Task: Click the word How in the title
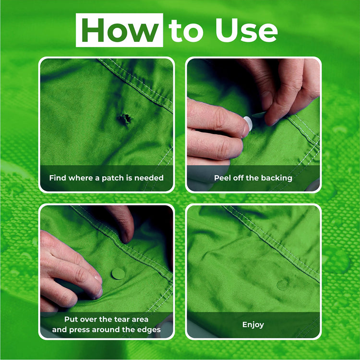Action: [x=120, y=30]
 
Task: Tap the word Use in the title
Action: [x=246, y=30]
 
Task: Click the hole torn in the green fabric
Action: [x=125, y=119]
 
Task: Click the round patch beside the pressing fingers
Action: [x=118, y=274]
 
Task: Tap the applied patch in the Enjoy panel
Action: [x=283, y=285]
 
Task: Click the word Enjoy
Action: [x=253, y=324]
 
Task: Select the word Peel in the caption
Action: [x=222, y=178]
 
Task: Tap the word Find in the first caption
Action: [x=58, y=178]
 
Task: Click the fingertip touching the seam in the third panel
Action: [x=126, y=238]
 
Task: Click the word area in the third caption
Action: [x=140, y=319]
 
